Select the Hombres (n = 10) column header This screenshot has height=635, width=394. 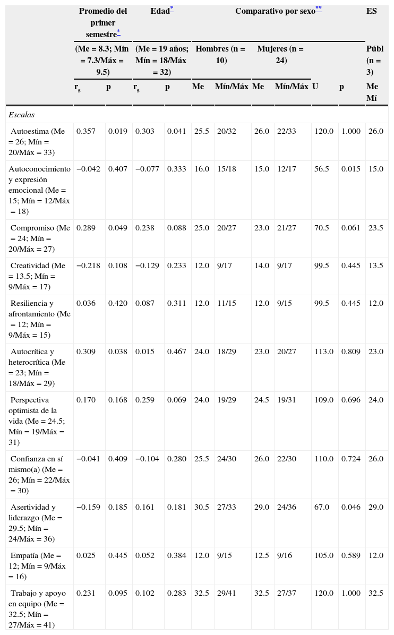(220, 54)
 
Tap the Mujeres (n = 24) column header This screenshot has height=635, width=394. (280, 54)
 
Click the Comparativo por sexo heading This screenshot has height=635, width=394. (275, 11)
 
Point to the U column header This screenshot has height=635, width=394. (315, 87)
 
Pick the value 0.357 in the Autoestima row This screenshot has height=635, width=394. (86, 131)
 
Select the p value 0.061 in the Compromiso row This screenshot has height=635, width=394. (350, 228)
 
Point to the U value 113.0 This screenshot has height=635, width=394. (323, 351)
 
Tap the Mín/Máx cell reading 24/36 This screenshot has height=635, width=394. (287, 507)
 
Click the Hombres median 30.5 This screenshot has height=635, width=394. (201, 507)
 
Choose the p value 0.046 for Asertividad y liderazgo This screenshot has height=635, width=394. (350, 507)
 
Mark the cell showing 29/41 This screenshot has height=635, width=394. (226, 593)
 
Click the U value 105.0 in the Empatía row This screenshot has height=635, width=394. (323, 555)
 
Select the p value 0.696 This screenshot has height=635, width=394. (350, 400)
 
